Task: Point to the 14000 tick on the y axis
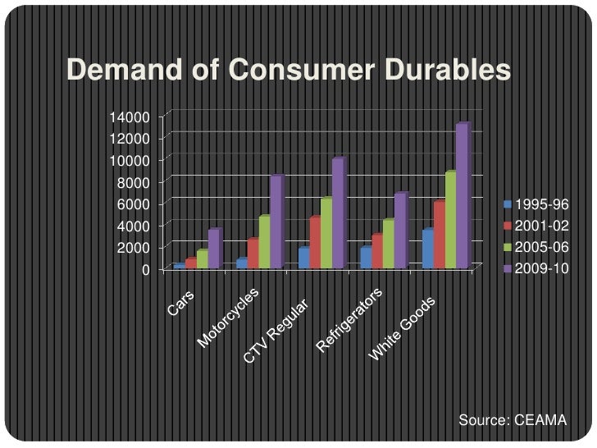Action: pyautogui.click(x=125, y=117)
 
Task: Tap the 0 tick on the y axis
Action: pyautogui.click(x=144, y=270)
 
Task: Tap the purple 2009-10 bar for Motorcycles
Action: pyautogui.click(x=276, y=222)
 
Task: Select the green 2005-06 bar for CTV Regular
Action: pyautogui.click(x=326, y=233)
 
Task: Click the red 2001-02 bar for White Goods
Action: pyautogui.click(x=439, y=235)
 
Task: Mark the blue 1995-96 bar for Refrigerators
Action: pyautogui.click(x=366, y=258)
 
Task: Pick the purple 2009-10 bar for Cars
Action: pyautogui.click(x=214, y=249)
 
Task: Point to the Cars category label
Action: pyautogui.click(x=182, y=304)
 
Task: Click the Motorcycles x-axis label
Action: pyautogui.click(x=228, y=318)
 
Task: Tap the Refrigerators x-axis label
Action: pyautogui.click(x=350, y=321)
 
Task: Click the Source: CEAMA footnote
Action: pyautogui.click(x=513, y=421)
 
